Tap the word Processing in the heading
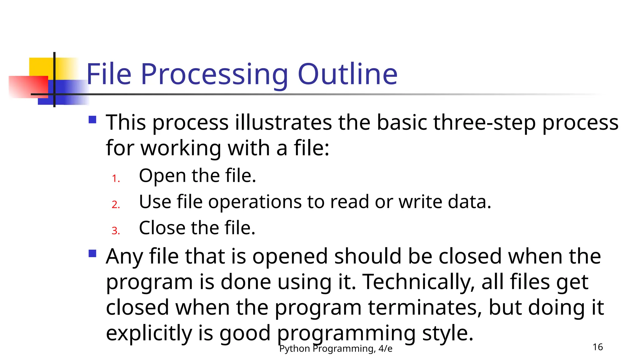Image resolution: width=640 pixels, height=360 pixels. (214, 75)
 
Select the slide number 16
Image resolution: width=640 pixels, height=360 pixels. (597, 347)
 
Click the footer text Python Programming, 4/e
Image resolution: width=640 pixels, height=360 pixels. (336, 348)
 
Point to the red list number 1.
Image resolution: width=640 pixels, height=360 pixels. (115, 178)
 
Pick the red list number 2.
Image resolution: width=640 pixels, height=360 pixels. (115, 204)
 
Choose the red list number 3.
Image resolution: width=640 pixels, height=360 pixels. (115, 231)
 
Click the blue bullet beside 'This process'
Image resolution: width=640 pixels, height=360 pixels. (92, 120)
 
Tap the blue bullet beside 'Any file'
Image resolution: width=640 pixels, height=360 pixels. (92, 253)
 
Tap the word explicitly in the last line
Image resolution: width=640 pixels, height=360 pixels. (149, 333)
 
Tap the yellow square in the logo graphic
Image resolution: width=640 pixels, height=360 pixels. (41, 67)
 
